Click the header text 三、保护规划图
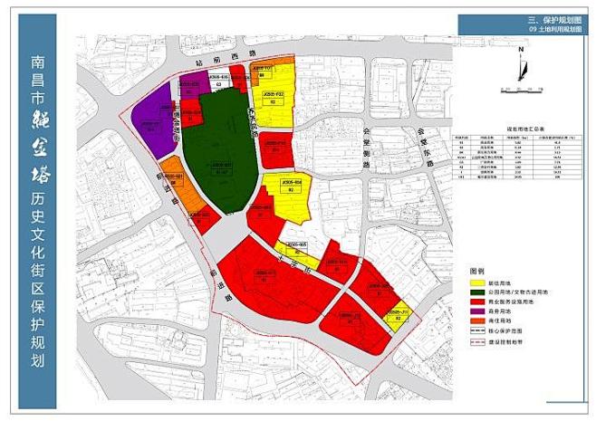point(553,19)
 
